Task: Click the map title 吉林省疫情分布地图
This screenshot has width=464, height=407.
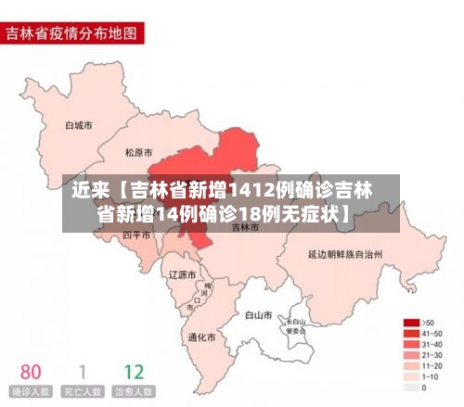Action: click(71, 34)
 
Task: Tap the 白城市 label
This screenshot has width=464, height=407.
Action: click(79, 124)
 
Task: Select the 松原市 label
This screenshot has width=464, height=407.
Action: click(139, 151)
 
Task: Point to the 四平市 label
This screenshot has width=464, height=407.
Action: click(136, 235)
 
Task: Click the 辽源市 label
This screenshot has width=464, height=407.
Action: click(182, 274)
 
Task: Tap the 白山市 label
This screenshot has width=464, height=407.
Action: click(258, 314)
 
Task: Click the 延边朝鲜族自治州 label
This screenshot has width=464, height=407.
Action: click(345, 252)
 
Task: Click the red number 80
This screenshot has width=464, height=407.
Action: click(31, 372)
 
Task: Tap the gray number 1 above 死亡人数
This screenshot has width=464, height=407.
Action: click(83, 372)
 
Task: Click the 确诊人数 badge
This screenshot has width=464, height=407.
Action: click(31, 393)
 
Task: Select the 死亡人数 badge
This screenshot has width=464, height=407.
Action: click(83, 393)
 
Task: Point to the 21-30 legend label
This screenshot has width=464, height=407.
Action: click(432, 355)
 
